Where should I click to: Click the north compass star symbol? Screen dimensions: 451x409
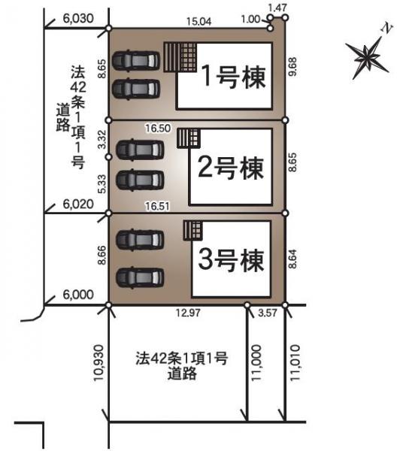(368, 54)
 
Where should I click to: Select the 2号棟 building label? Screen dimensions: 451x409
(230, 168)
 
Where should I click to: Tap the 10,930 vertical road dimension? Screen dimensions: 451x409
(101, 365)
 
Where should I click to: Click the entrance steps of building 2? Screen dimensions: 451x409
(188, 138)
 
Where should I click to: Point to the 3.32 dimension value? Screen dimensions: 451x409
(101, 138)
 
